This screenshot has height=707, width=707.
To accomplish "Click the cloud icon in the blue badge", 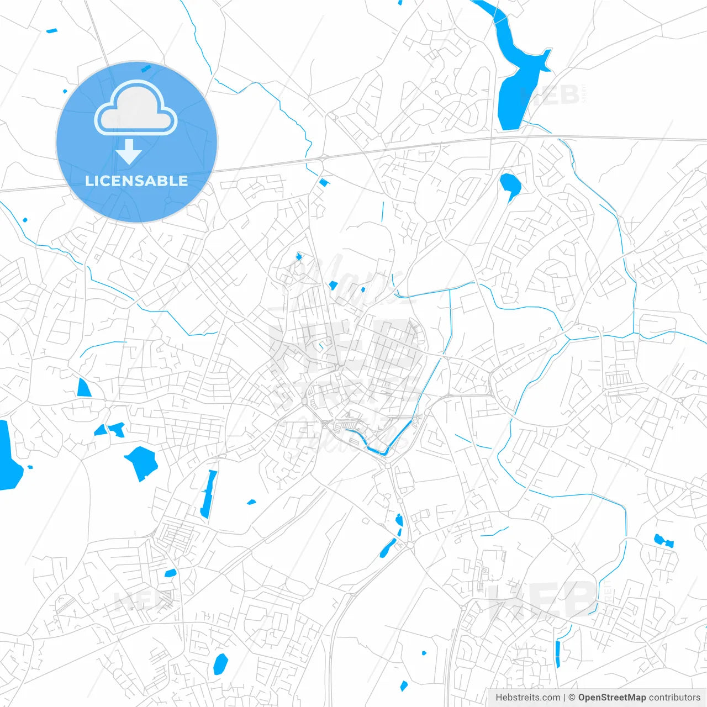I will [136, 108].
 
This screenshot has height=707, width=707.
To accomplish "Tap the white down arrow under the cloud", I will [129, 152].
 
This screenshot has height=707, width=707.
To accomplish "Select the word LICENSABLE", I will [136, 181].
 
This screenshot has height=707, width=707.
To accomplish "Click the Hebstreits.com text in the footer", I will [527, 698].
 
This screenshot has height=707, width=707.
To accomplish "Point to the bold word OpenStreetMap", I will [611, 698].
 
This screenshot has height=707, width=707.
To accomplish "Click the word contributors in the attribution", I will [674, 698].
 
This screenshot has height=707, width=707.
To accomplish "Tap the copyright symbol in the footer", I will [572, 698].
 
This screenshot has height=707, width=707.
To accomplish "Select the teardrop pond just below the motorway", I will [509, 184].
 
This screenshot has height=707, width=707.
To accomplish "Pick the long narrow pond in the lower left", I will [208, 493].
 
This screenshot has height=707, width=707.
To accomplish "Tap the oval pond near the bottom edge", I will [220, 663].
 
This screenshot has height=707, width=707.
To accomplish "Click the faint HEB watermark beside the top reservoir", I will [552, 95].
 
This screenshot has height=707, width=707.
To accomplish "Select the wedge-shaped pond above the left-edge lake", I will [83, 388].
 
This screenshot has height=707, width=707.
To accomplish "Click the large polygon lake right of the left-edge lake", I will [142, 461].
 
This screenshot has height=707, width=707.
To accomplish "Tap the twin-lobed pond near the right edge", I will [663, 541].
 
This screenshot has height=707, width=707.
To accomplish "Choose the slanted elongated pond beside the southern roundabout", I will [388, 547].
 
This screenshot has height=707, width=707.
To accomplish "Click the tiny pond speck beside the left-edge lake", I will [30, 467].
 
